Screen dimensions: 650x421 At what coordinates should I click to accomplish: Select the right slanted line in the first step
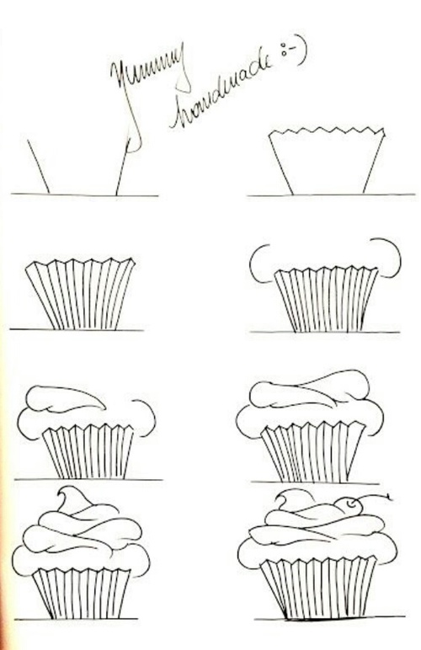123,168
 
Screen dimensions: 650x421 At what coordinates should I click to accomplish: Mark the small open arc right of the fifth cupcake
150,418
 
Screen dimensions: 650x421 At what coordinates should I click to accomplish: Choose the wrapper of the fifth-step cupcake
88,450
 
